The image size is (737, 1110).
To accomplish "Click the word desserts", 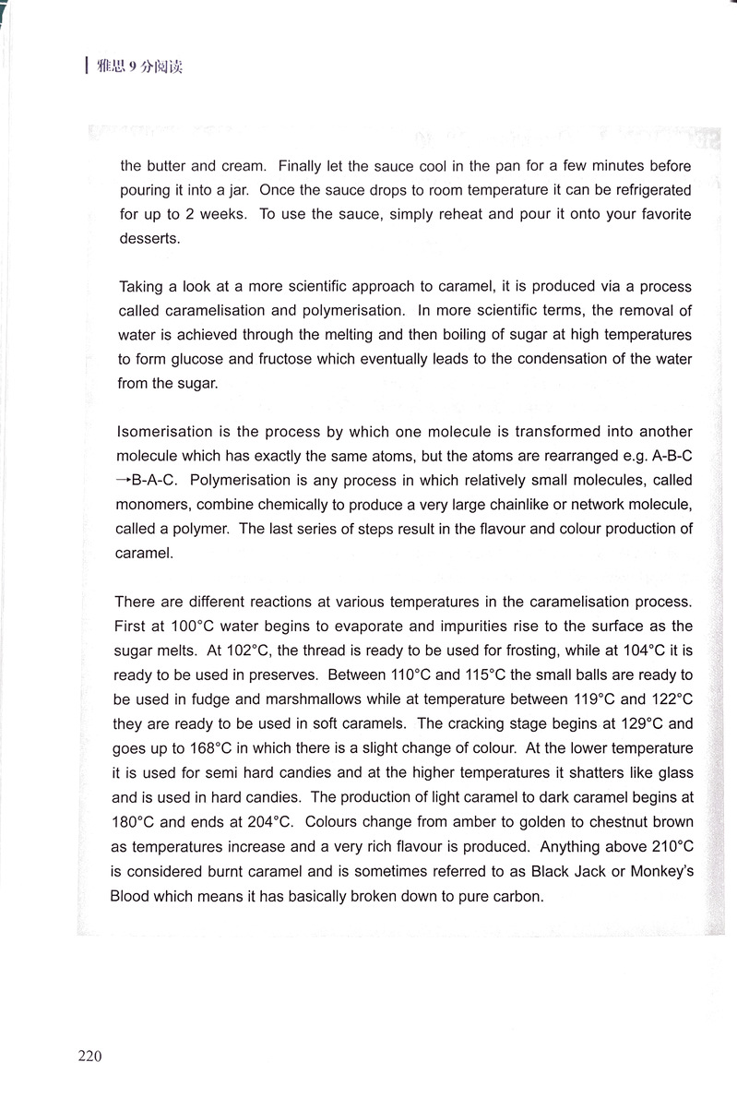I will (x=149, y=237).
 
